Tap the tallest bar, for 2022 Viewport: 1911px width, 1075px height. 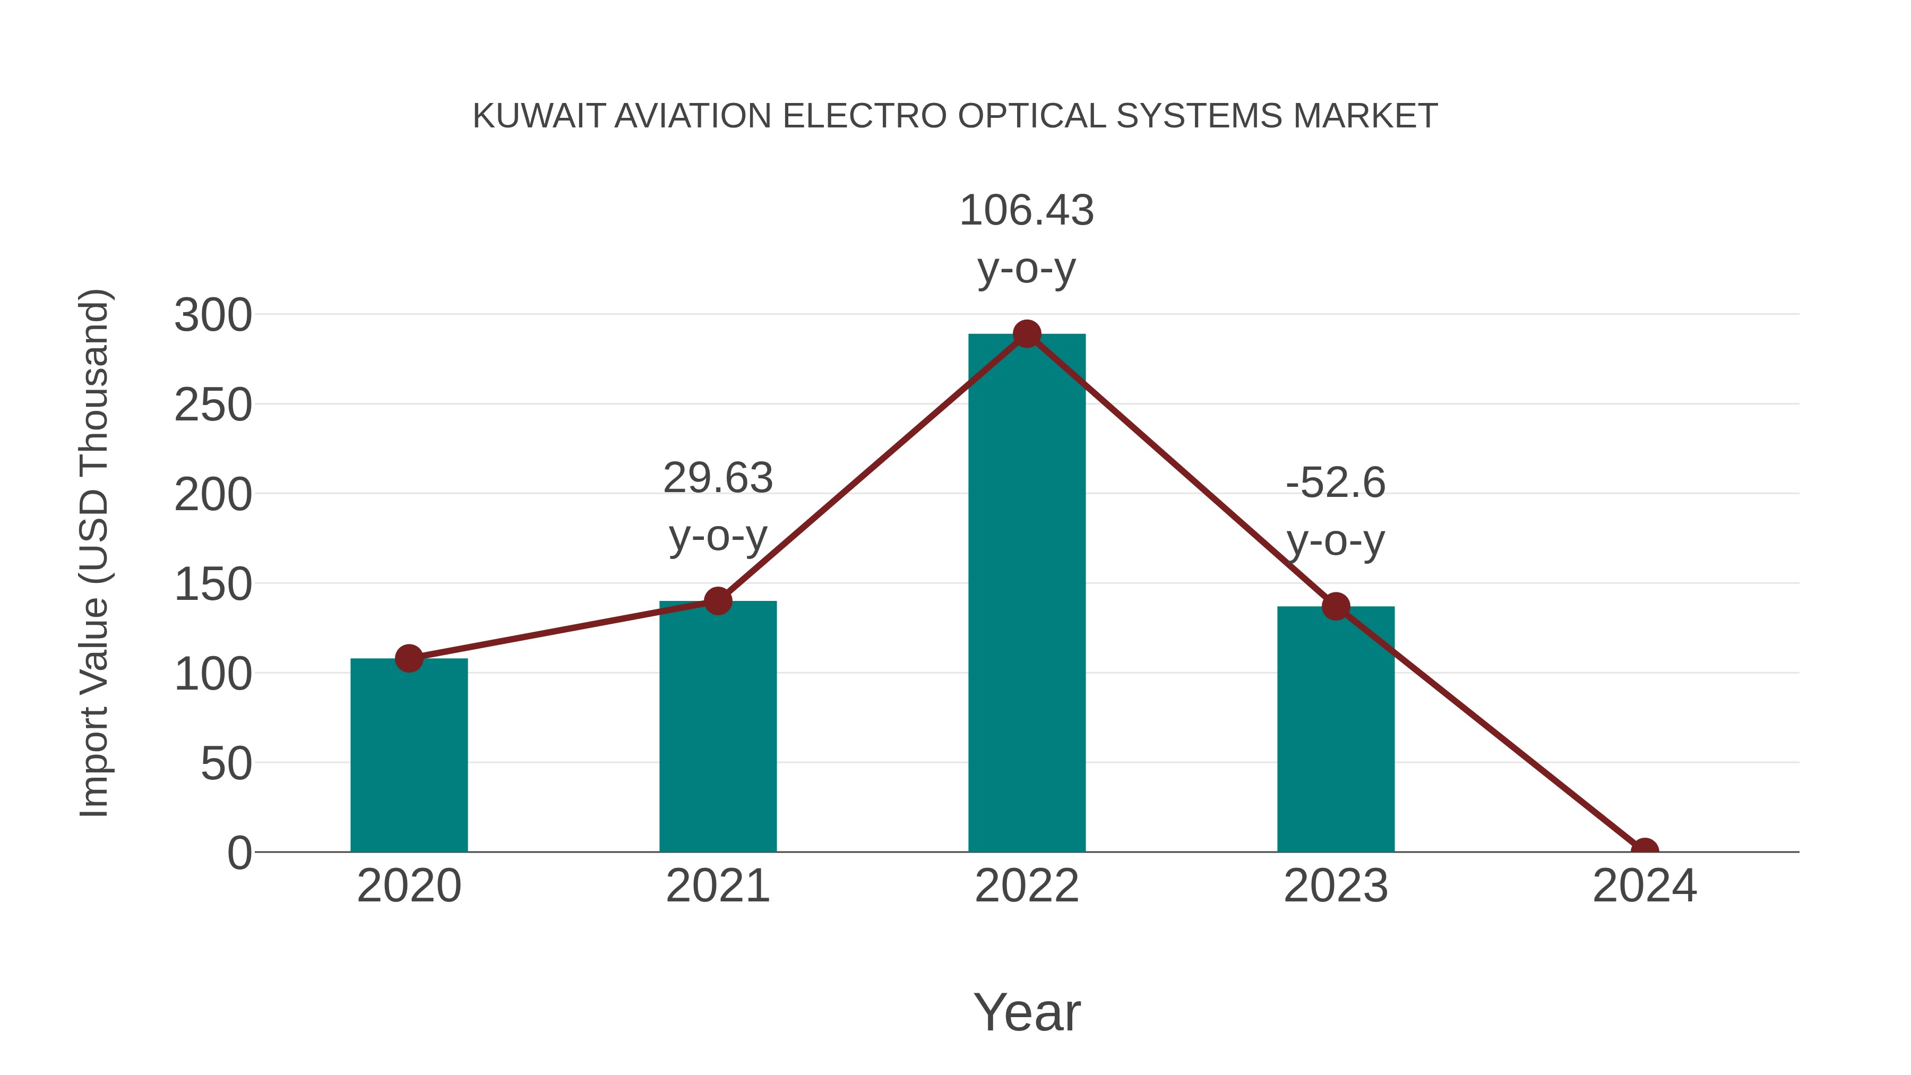1027,593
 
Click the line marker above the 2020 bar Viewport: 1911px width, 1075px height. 409,658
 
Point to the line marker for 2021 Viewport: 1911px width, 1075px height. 717,601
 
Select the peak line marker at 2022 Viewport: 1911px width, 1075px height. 1027,334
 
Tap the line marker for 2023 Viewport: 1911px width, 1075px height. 1336,606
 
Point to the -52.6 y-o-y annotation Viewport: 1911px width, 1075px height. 1336,511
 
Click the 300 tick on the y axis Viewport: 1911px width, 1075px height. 213,315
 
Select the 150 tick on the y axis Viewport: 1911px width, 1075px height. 213,584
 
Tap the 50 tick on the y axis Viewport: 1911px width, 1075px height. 226,763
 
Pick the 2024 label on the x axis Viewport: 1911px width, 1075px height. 1645,886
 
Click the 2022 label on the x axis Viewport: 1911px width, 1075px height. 1027,886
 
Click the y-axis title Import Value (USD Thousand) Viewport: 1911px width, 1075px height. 95,553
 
